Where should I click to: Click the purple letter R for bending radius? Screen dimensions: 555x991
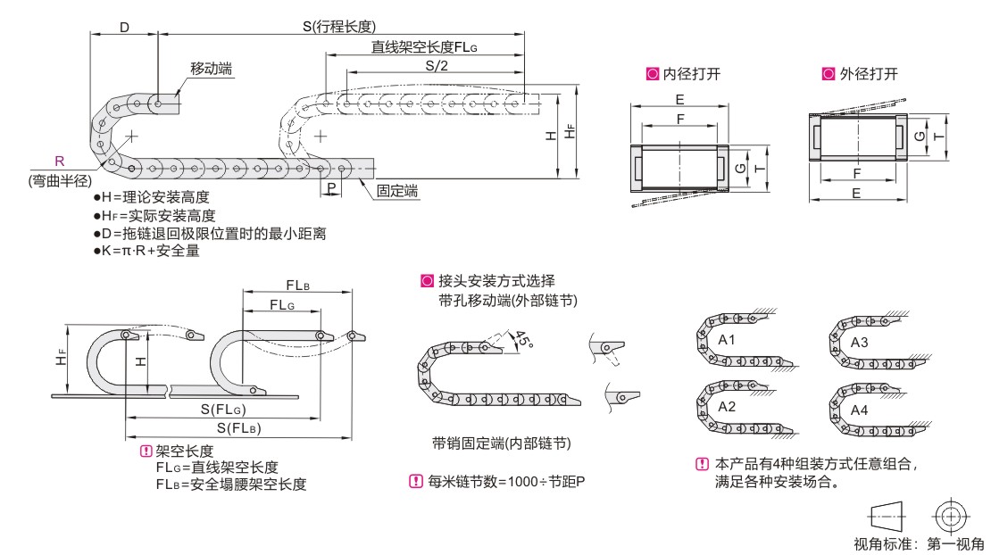(59, 162)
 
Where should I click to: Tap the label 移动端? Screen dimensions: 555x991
(212, 69)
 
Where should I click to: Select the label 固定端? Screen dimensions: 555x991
(398, 191)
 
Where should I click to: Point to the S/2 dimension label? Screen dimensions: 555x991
(436, 67)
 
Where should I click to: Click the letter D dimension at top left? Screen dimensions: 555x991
(124, 27)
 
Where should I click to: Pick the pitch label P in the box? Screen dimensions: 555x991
(331, 188)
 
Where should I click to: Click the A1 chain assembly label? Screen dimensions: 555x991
(727, 340)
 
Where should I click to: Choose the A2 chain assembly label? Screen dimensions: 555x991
(727, 407)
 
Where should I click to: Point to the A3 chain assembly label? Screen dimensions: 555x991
(859, 343)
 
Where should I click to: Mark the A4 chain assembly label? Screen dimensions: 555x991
(859, 410)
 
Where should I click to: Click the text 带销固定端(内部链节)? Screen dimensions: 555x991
(501, 443)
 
